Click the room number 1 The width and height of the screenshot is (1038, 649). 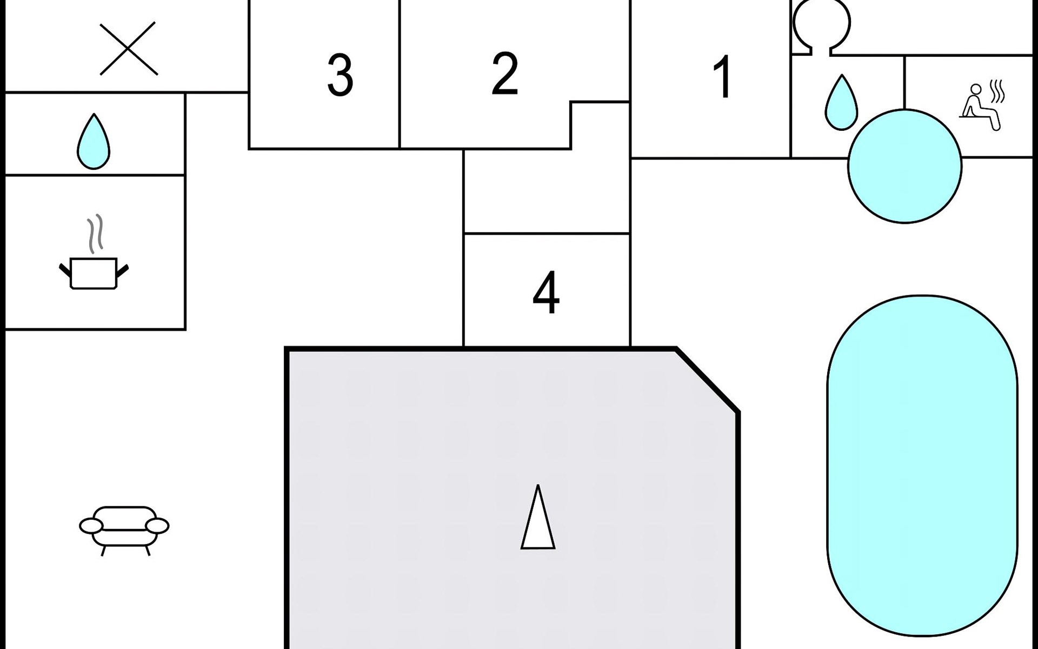coord(723,77)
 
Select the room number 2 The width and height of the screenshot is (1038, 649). coord(505,74)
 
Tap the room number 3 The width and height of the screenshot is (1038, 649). coord(340,75)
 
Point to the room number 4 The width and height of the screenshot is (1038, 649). coord(546,293)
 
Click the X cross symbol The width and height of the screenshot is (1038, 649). coord(129,49)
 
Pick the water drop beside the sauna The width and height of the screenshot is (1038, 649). coord(841,103)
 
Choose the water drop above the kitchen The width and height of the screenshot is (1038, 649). coord(94,142)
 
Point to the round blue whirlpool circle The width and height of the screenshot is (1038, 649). coord(904,166)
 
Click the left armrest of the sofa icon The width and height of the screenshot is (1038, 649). coord(90,525)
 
